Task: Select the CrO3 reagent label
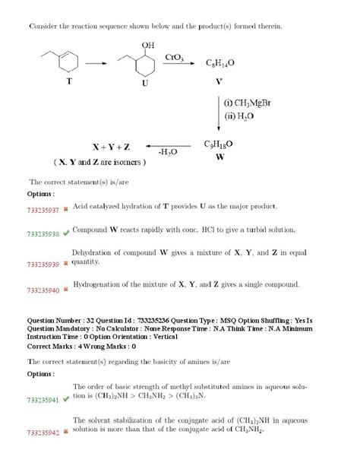[175, 57]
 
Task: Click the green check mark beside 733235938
[68, 233]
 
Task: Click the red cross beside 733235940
[67, 290]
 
